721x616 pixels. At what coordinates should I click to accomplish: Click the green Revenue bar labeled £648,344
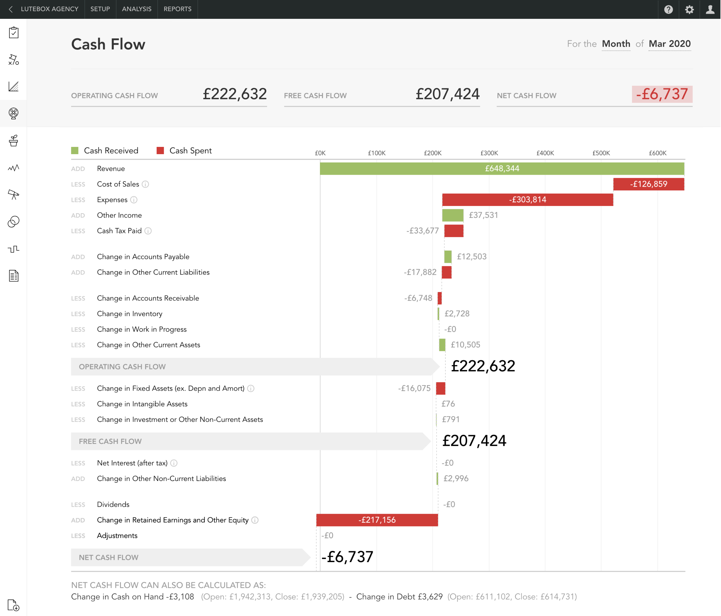(502, 169)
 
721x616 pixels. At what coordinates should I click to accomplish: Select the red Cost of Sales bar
(648, 184)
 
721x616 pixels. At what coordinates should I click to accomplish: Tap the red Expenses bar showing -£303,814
(527, 200)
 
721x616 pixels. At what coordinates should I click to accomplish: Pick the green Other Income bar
(452, 215)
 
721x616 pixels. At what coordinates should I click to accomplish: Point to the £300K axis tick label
(489, 153)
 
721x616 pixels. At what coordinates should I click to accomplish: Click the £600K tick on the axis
(657, 153)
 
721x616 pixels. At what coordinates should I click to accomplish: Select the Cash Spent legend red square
(160, 151)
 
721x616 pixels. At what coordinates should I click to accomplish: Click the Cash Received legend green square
(75, 151)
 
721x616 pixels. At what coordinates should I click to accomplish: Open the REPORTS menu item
(177, 9)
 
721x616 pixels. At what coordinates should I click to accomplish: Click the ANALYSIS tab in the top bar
(136, 9)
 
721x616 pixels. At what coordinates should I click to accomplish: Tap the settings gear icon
(689, 9)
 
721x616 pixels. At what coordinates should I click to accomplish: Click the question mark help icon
(668, 9)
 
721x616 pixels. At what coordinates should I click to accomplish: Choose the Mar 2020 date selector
(669, 44)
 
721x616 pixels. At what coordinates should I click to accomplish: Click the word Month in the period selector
(616, 44)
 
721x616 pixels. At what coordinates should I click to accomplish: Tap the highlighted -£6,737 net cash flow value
(662, 94)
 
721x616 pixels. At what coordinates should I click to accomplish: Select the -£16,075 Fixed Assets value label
(414, 388)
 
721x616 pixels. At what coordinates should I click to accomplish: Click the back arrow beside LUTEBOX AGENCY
(11, 9)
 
